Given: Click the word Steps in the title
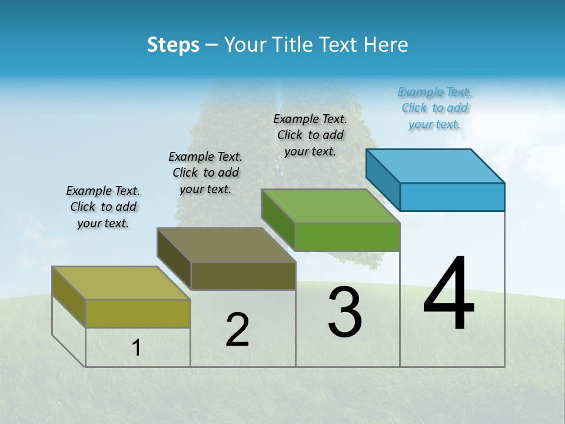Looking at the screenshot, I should tap(173, 45).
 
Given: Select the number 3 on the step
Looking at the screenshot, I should tap(345, 312).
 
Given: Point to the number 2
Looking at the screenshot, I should tap(237, 330).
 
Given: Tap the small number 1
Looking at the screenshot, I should tap(137, 348).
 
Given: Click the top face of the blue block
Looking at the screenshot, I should tap(436, 166).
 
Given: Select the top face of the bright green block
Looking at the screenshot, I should tap(331, 206).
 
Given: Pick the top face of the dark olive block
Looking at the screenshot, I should tap(227, 245).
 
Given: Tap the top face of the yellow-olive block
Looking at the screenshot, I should tap(121, 283).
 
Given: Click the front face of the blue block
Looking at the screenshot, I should tap(452, 197).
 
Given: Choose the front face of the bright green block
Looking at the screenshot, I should tap(347, 237).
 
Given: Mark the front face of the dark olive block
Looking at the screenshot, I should tap(243, 276).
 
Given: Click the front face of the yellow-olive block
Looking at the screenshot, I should tap(138, 313).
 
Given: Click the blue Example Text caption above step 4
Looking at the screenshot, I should tap(434, 108).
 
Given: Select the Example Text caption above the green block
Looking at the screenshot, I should tap(310, 135).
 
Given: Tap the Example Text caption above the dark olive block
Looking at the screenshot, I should tap(205, 173).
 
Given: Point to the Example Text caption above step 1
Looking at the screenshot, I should tap(103, 207).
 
